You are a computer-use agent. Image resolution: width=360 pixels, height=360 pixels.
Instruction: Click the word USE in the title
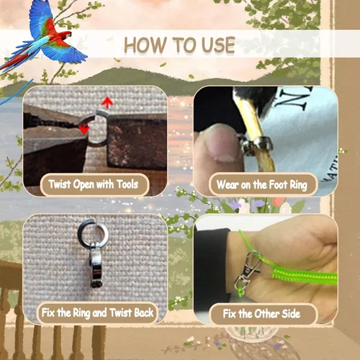[218, 45]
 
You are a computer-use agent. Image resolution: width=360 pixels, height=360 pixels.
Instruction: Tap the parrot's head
[66, 34]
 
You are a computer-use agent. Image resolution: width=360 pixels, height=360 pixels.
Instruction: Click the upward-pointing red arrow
[107, 103]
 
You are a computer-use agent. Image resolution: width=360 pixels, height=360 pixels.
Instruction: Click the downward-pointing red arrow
[84, 130]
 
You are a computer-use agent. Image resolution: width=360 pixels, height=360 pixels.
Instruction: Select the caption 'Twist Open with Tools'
[94, 184]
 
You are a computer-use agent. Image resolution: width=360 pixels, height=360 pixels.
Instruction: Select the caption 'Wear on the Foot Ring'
[262, 185]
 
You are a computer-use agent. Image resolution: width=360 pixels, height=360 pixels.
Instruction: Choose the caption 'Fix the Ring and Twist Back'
[97, 312]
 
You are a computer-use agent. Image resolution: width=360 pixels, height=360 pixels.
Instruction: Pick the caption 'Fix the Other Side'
[261, 313]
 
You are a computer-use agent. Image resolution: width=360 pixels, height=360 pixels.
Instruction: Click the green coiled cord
[305, 276]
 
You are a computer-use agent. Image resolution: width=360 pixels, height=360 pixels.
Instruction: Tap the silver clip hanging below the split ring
[96, 265]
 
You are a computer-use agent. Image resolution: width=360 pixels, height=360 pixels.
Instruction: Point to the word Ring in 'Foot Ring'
[299, 185]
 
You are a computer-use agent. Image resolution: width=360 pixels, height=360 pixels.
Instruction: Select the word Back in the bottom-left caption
[143, 312]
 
